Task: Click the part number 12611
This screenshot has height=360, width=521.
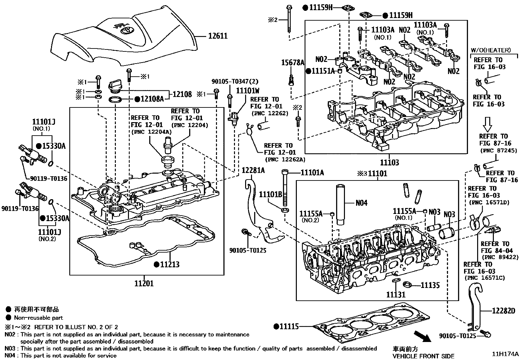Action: click(x=218, y=36)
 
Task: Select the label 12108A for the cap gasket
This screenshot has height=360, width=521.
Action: click(x=153, y=99)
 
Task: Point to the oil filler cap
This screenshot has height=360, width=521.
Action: click(x=115, y=86)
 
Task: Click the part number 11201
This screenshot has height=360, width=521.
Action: click(x=144, y=283)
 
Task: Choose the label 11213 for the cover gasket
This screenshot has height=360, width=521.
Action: click(x=170, y=264)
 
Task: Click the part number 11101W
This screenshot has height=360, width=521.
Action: click(x=248, y=91)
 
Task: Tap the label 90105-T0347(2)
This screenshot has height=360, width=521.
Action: click(x=235, y=81)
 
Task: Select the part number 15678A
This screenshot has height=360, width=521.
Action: click(x=293, y=63)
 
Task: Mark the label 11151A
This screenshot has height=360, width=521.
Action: click(x=323, y=71)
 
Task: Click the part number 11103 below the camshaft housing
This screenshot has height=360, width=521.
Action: click(x=389, y=162)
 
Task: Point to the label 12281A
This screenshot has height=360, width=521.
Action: click(x=253, y=170)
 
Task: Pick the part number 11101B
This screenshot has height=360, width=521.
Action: click(x=271, y=194)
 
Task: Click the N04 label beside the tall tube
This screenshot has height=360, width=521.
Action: click(x=361, y=203)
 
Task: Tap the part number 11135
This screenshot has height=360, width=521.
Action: click(x=430, y=285)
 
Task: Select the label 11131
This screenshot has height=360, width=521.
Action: click(x=396, y=294)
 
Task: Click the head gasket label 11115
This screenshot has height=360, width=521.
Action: click(x=289, y=327)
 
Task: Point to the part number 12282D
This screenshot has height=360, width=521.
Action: click(x=504, y=311)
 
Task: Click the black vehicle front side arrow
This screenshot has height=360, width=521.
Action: click(x=422, y=336)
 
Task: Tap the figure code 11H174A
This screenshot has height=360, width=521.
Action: click(x=505, y=354)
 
